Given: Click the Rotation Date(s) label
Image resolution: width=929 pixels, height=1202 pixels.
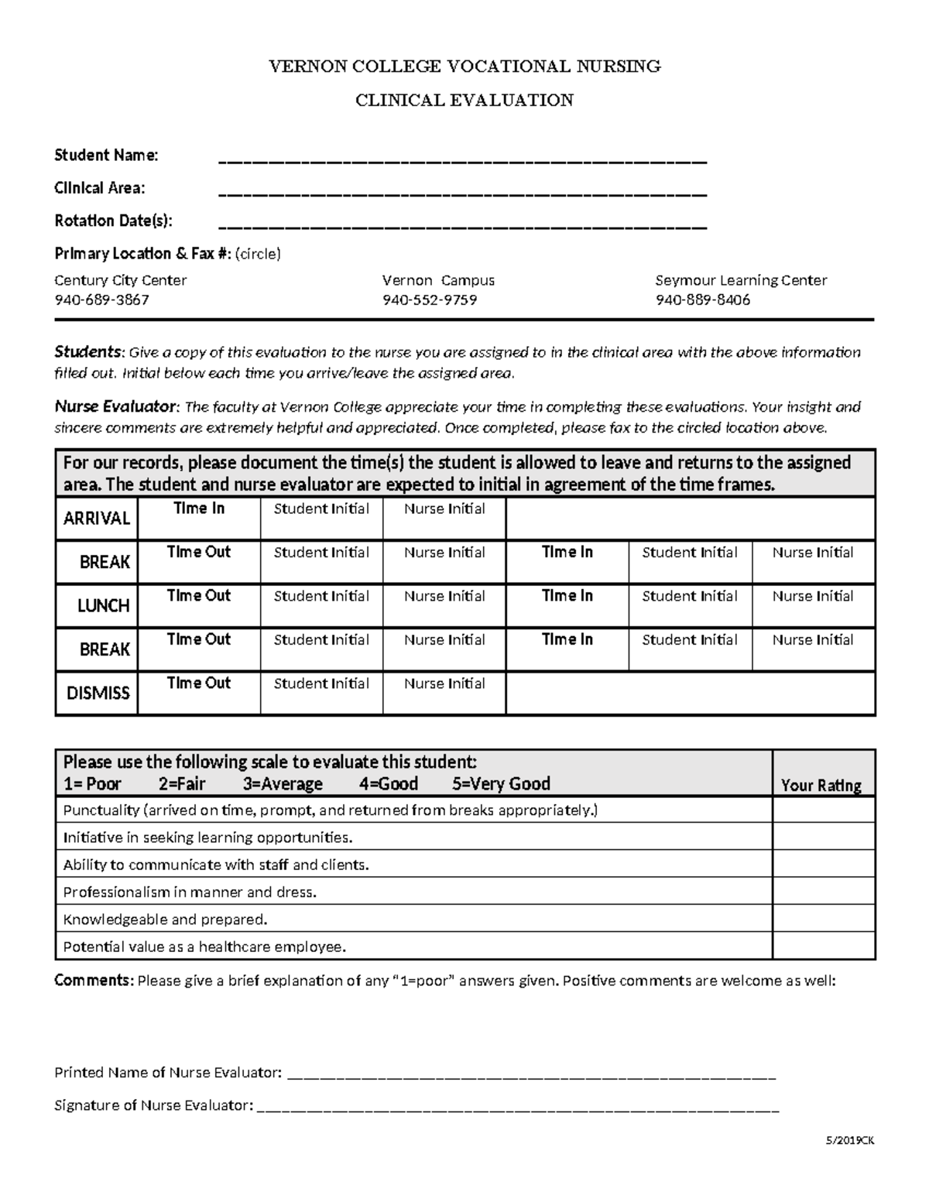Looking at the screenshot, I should [x=113, y=221].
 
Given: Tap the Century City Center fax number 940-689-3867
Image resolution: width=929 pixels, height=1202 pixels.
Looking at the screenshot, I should [x=101, y=300].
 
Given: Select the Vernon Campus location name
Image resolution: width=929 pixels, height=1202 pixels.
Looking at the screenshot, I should [x=438, y=280].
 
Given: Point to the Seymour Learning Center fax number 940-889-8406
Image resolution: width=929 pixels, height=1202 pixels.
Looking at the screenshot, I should [x=702, y=300].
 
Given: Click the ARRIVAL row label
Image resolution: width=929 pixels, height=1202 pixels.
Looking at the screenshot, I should [x=97, y=519].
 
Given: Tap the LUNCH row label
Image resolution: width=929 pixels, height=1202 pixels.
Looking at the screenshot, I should [x=103, y=605].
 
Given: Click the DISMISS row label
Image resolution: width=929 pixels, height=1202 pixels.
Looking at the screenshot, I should [x=98, y=693].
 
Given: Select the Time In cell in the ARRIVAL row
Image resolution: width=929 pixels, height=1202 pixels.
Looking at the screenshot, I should [x=199, y=518].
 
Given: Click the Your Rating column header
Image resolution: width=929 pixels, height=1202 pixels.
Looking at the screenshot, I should [x=821, y=785].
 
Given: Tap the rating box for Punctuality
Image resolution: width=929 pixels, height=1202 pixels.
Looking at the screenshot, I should [x=823, y=810].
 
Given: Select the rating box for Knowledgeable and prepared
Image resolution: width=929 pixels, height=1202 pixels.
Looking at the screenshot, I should [x=823, y=919].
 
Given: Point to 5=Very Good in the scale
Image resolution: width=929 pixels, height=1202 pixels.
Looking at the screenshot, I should [x=501, y=783].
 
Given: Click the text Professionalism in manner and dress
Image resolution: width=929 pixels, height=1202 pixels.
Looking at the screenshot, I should [x=190, y=892].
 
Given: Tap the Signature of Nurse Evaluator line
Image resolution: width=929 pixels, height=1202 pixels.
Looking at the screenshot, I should [x=517, y=1107].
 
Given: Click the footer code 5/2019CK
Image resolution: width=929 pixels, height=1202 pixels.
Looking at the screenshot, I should [x=849, y=1140].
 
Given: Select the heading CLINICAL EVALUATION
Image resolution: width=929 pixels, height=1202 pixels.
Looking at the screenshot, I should [x=464, y=100].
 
